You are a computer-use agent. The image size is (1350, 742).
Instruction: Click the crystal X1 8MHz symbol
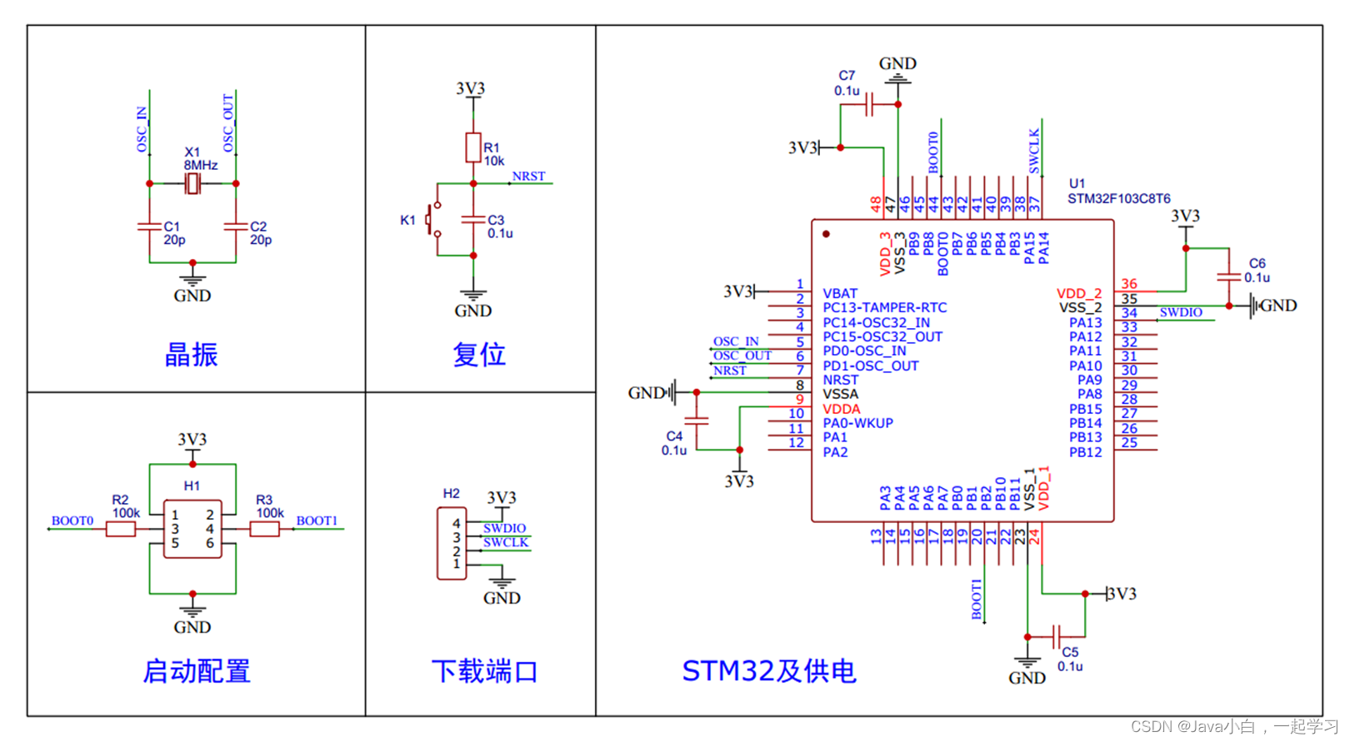(192, 183)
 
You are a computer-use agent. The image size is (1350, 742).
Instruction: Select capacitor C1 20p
(149, 226)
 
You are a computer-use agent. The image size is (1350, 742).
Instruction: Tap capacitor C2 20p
(236, 226)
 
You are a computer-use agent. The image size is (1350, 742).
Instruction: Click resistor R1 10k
(472, 147)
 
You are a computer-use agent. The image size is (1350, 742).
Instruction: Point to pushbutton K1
(432, 220)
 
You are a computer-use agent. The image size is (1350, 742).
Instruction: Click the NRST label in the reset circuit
(528, 177)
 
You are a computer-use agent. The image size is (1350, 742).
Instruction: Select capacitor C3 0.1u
(472, 219)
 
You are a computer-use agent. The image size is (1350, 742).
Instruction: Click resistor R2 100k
(121, 529)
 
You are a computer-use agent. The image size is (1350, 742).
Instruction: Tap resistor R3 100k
(264, 529)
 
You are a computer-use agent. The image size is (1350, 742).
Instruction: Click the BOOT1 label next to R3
(317, 521)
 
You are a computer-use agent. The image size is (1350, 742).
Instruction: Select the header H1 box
(192, 529)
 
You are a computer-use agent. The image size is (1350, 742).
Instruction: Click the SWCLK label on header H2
(505, 542)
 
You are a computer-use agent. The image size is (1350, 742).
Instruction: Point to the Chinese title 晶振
(191, 355)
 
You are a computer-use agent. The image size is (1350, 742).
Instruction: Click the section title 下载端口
(484, 671)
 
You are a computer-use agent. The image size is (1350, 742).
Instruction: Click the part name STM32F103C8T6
(1118, 198)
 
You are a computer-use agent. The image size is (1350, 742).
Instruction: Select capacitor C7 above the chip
(869, 105)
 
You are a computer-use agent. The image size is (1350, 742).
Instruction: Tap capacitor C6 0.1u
(1228, 276)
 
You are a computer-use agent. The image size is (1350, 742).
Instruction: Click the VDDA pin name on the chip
(841, 409)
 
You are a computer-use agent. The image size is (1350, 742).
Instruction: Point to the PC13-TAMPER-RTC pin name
(884, 307)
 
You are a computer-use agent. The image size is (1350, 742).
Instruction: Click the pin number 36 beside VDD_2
(1129, 284)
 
